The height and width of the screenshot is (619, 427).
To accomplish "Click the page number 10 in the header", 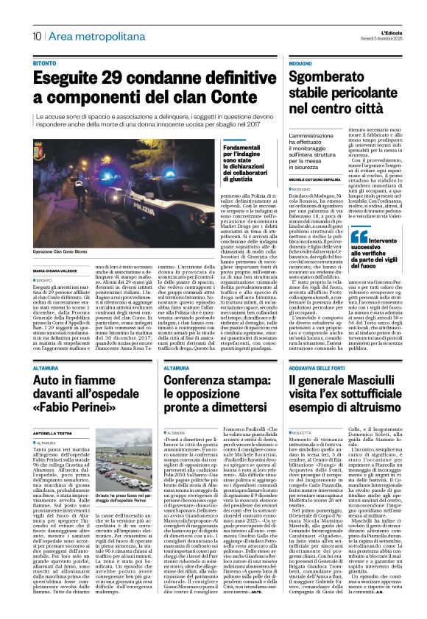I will point(36,36).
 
